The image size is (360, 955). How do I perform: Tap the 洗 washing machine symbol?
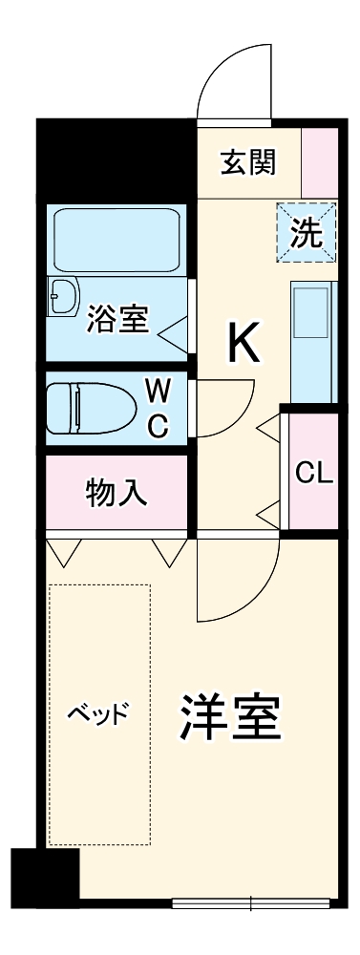(x=307, y=234)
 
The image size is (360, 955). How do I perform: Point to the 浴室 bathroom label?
(x=116, y=319)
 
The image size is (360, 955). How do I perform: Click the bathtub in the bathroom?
(x=116, y=240)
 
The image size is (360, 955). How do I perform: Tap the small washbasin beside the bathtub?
(x=65, y=296)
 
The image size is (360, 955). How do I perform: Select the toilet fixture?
(x=90, y=409)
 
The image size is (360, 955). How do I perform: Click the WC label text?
(x=159, y=409)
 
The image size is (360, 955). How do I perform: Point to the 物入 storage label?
(x=116, y=492)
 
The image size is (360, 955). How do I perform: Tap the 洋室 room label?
(x=230, y=720)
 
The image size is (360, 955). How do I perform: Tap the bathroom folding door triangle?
(x=174, y=334)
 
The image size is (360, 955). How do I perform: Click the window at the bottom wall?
(x=251, y=901)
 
